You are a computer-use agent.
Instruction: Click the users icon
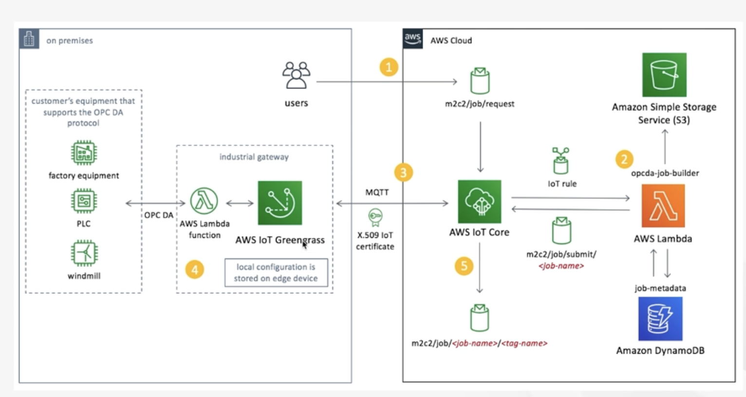click(x=296, y=75)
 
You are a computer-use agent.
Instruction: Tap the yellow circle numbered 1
click(x=389, y=67)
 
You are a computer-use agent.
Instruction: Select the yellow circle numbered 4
click(x=195, y=269)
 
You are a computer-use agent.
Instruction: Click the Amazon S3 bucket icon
click(x=664, y=75)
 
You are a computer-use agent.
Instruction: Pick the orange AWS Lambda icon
click(x=663, y=206)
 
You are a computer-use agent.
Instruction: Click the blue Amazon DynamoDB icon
click(x=660, y=319)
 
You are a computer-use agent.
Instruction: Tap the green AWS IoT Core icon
click(x=480, y=201)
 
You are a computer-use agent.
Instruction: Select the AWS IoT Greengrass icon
click(x=280, y=203)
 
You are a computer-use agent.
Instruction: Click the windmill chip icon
click(x=84, y=253)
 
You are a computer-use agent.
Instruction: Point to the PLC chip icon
click(x=84, y=200)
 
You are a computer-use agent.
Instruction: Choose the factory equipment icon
click(x=84, y=153)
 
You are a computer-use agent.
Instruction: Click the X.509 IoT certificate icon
click(x=375, y=217)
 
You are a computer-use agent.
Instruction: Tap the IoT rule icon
click(x=561, y=161)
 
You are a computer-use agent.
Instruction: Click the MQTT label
click(x=377, y=192)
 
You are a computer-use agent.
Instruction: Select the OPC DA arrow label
click(x=159, y=215)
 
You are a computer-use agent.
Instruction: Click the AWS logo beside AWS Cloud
click(x=412, y=38)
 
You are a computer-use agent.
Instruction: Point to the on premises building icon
click(x=29, y=39)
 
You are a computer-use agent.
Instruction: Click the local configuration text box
click(x=276, y=272)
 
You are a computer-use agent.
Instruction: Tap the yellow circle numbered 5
click(x=464, y=266)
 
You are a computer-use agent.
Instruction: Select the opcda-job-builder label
click(x=665, y=173)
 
